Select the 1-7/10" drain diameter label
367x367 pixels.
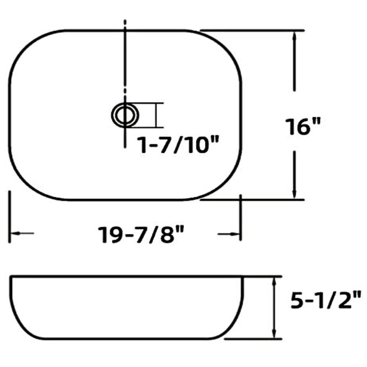pyautogui.click(x=179, y=145)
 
